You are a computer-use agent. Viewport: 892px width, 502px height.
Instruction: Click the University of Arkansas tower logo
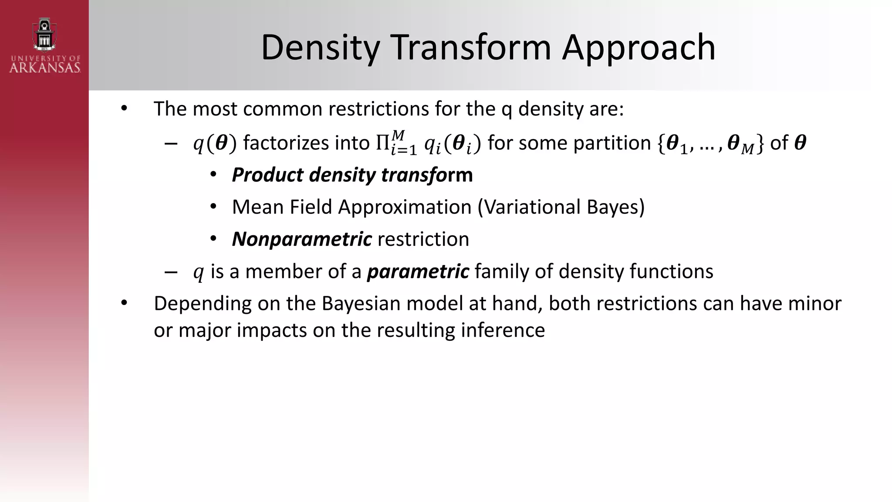44,35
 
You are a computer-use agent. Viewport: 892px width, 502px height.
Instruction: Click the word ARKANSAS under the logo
45,68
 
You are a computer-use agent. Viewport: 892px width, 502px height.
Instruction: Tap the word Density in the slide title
320,47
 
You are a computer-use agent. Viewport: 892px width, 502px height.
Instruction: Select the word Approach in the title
639,47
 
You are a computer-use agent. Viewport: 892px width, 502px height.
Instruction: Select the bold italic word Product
267,175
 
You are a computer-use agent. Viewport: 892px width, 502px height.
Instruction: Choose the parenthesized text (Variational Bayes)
561,207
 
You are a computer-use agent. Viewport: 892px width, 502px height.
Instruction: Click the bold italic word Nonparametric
302,239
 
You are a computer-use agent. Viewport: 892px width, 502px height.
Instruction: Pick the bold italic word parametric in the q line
418,271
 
